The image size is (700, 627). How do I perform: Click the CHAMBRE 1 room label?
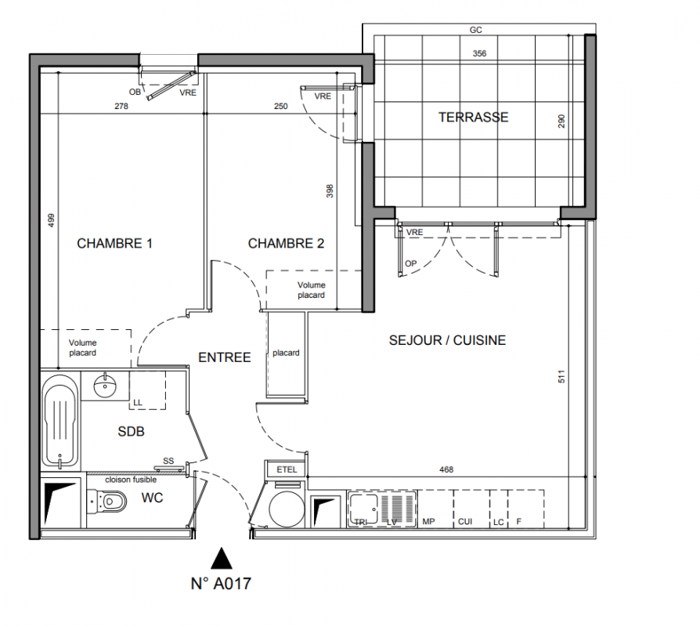115,244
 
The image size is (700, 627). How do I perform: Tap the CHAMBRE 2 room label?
286,244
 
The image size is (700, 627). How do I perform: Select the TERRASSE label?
473,117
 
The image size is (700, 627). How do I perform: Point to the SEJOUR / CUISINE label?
447,340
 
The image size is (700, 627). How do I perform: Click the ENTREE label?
225,357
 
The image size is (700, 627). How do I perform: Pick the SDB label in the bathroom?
132,432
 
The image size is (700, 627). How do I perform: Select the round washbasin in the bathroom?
106,386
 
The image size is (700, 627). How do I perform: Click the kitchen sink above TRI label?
363,508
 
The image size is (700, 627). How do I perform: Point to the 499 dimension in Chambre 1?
52,220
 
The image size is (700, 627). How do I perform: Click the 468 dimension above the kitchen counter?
446,469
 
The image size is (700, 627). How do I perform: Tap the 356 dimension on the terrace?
479,53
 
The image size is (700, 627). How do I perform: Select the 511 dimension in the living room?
561,376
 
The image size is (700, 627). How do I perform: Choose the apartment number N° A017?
221,584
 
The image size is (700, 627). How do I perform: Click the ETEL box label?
287,469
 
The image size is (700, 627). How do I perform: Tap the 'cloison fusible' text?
131,480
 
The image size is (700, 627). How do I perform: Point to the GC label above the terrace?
476,30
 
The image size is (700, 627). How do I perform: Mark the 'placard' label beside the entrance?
286,353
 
